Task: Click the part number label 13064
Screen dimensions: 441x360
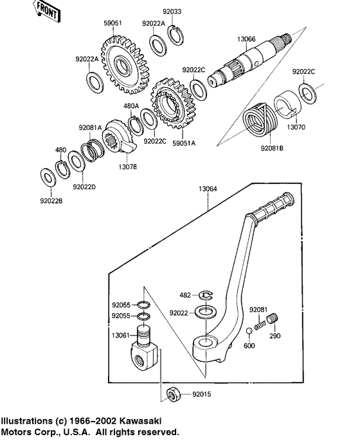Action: [x=208, y=189]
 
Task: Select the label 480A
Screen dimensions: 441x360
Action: [x=131, y=105]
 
